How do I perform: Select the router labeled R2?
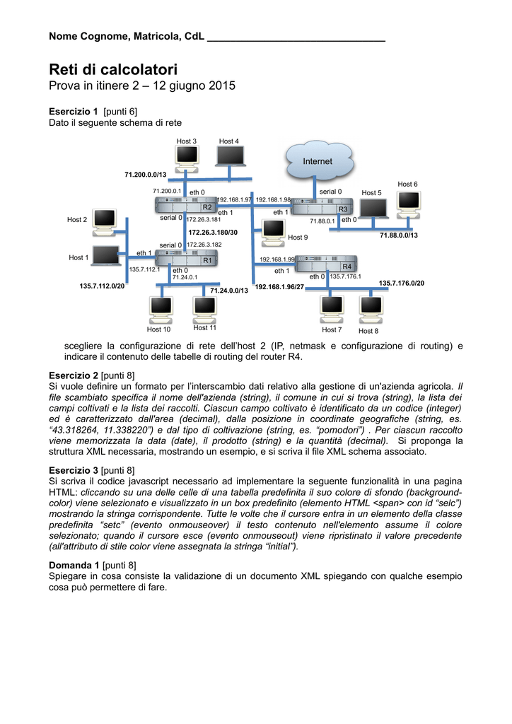185,205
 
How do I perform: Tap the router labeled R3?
322,207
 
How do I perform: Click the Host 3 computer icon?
188,156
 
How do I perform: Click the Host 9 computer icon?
272,230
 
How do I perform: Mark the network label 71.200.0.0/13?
145,174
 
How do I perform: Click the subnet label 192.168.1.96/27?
279,287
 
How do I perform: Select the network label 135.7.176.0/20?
401,284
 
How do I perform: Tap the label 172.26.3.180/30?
213,232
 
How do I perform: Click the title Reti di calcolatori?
113,69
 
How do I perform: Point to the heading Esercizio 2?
73,375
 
